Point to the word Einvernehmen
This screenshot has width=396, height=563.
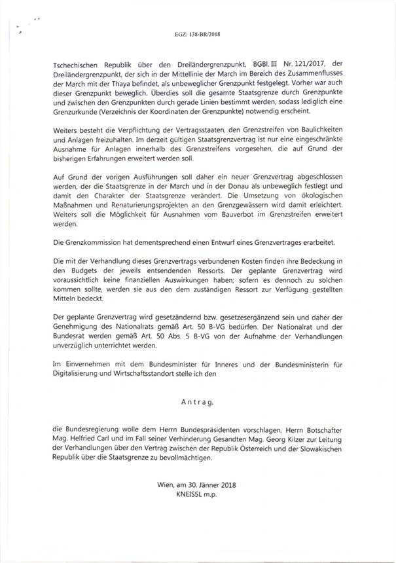coord(88,362)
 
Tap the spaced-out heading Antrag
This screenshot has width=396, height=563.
coord(198,397)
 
